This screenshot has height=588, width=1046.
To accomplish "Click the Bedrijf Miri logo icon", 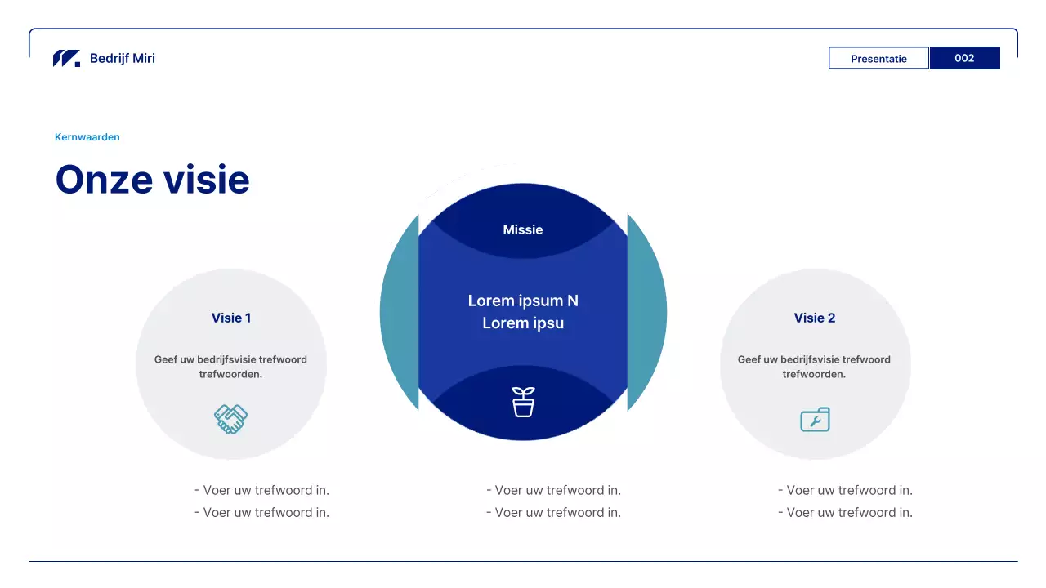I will point(66,58).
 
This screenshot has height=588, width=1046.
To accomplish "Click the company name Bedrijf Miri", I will point(123,58).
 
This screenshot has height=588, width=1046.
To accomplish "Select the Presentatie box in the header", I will point(878,58).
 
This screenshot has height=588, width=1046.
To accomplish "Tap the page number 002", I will point(964,58).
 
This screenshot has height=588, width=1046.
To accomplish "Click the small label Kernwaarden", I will point(87,137).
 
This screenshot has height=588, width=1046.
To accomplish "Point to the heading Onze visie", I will point(152,180).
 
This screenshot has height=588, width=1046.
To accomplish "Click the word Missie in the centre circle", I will point(523,229).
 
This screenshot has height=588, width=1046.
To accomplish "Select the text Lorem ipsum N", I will point(523,301).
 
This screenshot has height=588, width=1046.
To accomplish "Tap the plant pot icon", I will point(523,402).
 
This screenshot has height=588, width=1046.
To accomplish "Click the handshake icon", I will point(231,419).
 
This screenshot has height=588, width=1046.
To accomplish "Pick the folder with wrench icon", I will point(815,420).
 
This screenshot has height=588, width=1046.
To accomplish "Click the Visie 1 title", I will point(231,318).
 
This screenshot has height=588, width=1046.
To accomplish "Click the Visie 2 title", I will point(815,318).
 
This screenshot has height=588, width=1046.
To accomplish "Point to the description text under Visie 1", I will point(231,367).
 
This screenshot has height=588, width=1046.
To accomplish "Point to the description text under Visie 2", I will point(815,367).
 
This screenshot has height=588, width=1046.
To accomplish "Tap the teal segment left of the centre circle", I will point(400,312).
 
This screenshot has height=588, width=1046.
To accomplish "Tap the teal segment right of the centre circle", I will point(647,312).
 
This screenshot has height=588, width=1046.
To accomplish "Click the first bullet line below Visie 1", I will point(262,490).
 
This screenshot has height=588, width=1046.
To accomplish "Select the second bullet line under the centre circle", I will point(554,512).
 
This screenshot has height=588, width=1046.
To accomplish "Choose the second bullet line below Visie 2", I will point(846,512).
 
